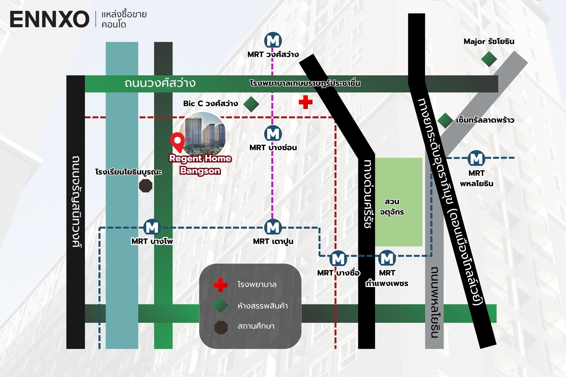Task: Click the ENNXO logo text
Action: point(49,19)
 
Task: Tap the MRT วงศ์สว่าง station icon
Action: point(273,40)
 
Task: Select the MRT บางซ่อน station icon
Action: point(273,134)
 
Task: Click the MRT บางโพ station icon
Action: point(152,227)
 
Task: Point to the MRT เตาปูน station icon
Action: point(273,227)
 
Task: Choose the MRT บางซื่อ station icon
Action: point(338,259)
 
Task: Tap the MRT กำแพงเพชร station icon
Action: point(387,259)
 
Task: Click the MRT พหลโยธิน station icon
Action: point(477,158)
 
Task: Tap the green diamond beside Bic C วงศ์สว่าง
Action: point(251,104)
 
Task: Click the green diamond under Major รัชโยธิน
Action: point(489,59)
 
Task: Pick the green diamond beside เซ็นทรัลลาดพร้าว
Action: point(445,120)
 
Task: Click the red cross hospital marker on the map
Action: point(305,102)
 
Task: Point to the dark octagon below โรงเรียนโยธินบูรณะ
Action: point(145,186)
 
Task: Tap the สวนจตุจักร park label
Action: point(392,207)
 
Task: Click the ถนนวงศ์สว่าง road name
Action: point(160,83)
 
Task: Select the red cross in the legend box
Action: point(220,285)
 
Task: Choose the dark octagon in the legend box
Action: point(221,327)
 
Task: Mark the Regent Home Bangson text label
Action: point(200,164)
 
